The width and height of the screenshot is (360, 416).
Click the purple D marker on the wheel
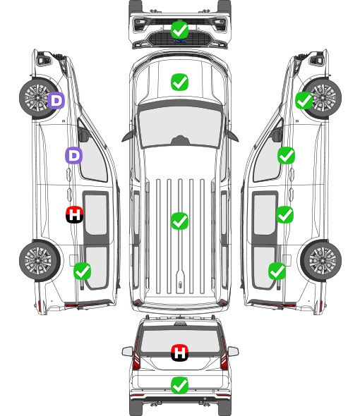click(x=56, y=100)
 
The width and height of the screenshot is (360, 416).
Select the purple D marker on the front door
click(x=74, y=155)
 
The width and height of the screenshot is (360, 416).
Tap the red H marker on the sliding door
click(x=74, y=214)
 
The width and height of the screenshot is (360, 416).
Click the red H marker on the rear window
click(x=180, y=353)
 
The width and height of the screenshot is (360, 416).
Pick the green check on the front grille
click(x=180, y=30)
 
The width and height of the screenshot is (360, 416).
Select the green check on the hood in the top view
click(x=180, y=82)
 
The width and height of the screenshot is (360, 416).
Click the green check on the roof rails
click(x=180, y=221)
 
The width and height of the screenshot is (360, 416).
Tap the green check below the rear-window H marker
click(x=180, y=385)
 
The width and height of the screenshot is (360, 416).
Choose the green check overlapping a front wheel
click(x=304, y=101)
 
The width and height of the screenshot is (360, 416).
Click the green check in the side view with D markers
click(x=83, y=271)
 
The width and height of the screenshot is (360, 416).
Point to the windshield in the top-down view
click(x=180, y=126)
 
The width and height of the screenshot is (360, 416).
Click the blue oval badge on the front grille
click(x=180, y=41)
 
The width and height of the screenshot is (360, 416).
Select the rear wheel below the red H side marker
click(x=40, y=261)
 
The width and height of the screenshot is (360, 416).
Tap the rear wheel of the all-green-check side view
click(x=321, y=261)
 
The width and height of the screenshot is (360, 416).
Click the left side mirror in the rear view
click(x=127, y=352)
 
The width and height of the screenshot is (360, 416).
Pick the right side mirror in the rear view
click(x=233, y=352)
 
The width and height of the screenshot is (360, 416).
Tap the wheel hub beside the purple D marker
click(x=37, y=97)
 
